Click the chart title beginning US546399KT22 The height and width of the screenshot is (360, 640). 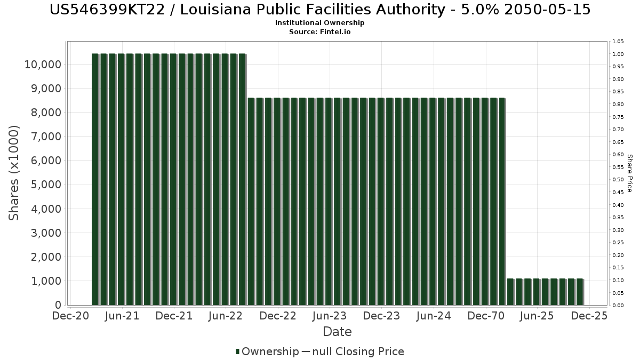(x=320, y=10)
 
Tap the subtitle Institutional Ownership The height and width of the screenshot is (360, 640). (x=320, y=23)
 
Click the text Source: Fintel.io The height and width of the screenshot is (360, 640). (x=320, y=32)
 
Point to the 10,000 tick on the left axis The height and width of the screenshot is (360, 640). (x=43, y=65)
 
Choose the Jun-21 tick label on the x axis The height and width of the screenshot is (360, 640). (x=123, y=316)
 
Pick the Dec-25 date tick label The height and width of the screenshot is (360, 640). (x=589, y=316)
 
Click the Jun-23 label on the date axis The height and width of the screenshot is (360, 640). (x=330, y=316)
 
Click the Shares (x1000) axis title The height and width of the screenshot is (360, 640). (x=14, y=173)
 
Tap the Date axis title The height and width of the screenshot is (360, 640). (x=337, y=332)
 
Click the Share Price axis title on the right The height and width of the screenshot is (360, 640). (x=629, y=173)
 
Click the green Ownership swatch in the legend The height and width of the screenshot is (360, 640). (x=237, y=351)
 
